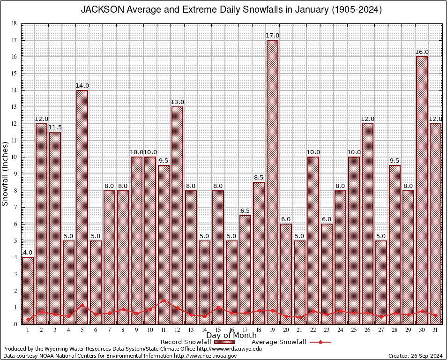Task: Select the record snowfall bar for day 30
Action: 422,190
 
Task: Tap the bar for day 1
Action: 28,290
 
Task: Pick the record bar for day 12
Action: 177,215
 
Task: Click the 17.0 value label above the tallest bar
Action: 272,36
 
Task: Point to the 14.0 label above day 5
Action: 82,85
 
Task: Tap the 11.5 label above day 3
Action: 55,127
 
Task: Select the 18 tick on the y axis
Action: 14,23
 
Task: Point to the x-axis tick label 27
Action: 381,330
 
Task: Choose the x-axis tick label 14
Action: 204,330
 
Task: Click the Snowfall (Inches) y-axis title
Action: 6,174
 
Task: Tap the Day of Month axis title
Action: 231,336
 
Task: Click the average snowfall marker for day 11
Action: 164,300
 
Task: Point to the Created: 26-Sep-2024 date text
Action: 415,356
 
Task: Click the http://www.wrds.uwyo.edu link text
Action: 229,349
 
